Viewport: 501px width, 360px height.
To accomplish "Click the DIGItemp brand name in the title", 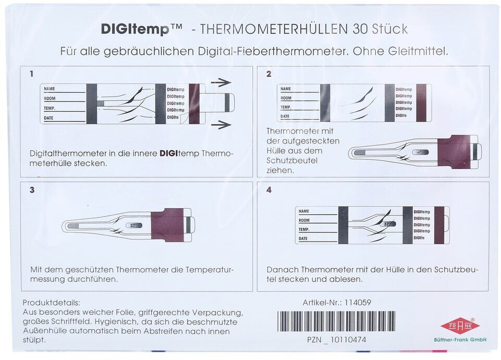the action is coord(135,30).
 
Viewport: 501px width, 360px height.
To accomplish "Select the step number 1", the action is coord(31,74).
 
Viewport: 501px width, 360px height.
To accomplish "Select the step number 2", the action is coord(268,74).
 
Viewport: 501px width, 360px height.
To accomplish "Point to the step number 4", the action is coord(268,190).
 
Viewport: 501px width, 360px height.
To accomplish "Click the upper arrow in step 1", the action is coord(221,82).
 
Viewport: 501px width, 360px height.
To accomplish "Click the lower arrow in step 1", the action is coord(221,124).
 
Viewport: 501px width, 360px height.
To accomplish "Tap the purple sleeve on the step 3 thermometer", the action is coord(168,225).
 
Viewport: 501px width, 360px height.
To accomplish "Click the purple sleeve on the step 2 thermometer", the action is coord(455,152).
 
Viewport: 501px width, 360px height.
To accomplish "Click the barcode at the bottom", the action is coord(336,322).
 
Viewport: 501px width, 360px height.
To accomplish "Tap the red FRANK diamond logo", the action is coord(460,326).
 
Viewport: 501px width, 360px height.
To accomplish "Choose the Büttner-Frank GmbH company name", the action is coord(460,340).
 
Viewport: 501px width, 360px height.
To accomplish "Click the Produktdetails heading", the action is coord(52,303).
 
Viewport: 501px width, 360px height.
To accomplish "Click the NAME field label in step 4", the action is coord(303,211).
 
